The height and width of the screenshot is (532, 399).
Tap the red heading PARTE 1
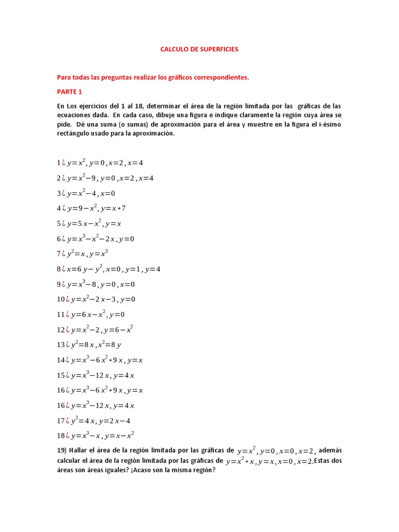tap(70, 92)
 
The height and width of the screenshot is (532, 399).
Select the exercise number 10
tap(61, 300)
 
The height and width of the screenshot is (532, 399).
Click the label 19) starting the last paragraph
tap(62, 450)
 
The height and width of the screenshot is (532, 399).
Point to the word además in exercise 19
tap(330, 450)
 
